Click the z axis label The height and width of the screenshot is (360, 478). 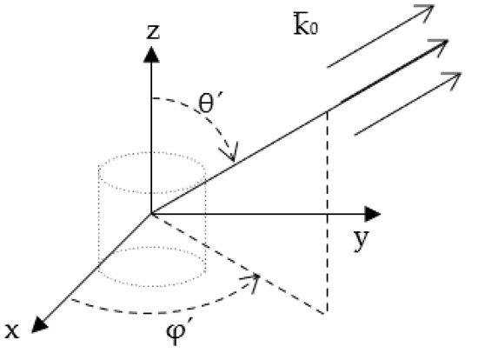pyautogui.click(x=152, y=32)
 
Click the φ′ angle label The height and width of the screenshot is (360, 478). pyautogui.click(x=189, y=334)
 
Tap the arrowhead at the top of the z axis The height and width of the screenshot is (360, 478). pyautogui.click(x=151, y=54)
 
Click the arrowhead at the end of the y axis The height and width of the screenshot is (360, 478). pyautogui.click(x=375, y=212)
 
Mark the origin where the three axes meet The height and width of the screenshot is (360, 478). pyautogui.click(x=151, y=212)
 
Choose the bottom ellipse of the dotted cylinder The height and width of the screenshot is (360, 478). pyautogui.click(x=151, y=265)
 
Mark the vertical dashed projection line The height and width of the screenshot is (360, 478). pyautogui.click(x=328, y=213)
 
